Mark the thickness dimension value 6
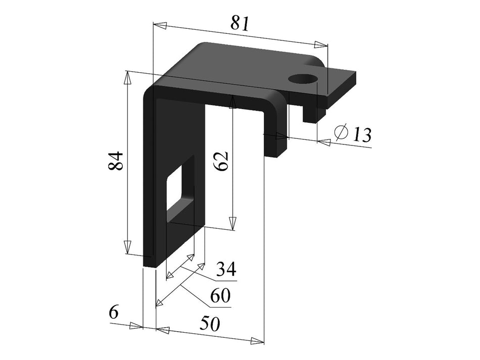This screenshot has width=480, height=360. pos(114,313)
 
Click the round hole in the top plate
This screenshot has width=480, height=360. pos(303,79)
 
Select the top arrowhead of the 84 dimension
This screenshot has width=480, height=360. pos(128,77)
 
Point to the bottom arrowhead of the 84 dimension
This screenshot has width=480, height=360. pos(128,248)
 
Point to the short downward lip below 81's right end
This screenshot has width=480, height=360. pos(311,114)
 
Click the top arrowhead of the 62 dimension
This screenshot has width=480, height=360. pos(232,102)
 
